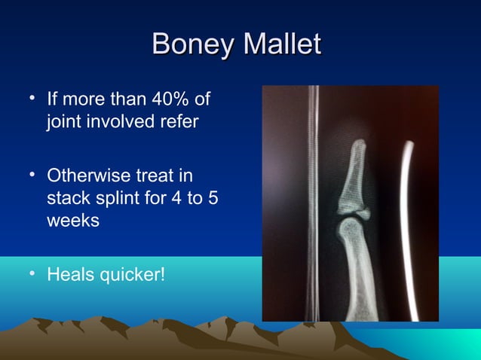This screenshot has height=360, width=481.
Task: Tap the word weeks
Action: pos(72,223)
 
